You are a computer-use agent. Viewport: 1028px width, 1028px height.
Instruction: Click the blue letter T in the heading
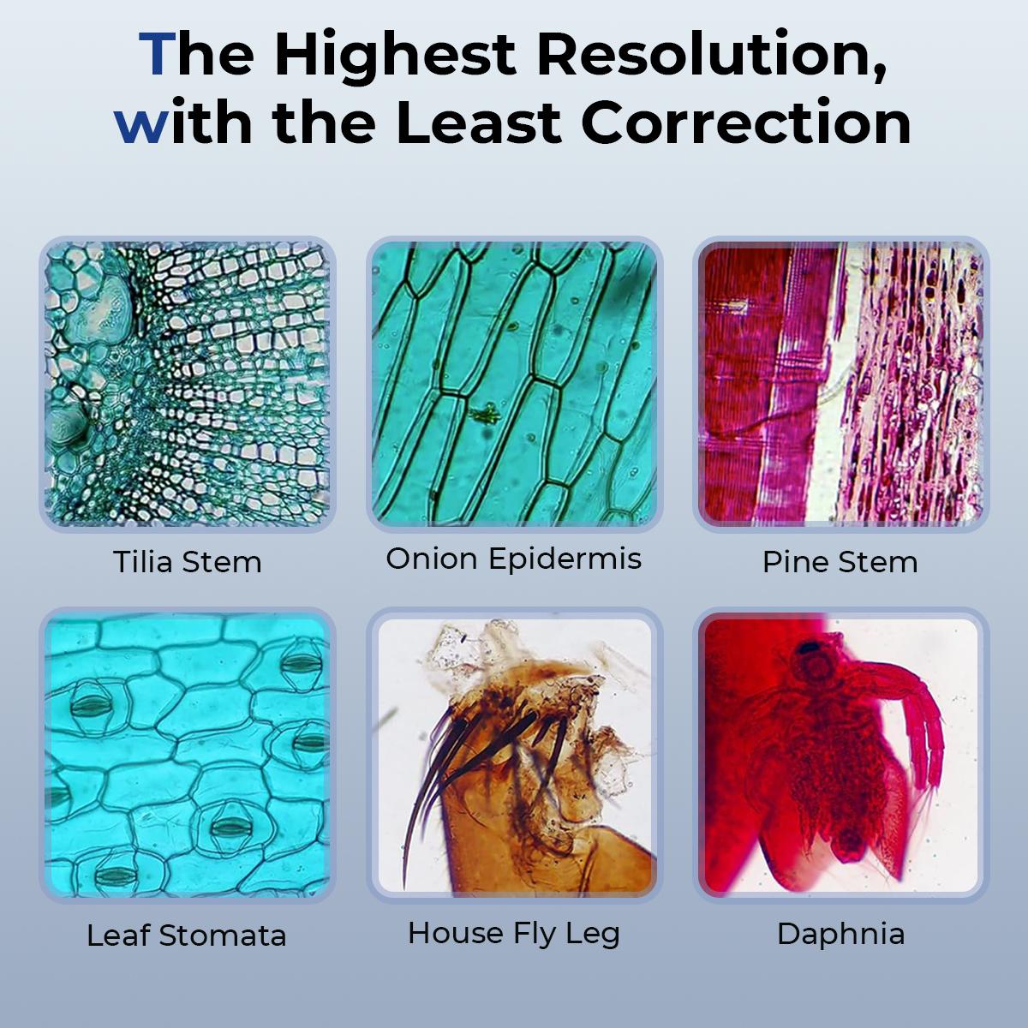(x=158, y=54)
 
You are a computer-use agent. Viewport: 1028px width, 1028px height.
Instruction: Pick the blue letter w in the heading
(x=140, y=128)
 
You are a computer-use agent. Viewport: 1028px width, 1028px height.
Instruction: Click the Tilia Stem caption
(x=188, y=562)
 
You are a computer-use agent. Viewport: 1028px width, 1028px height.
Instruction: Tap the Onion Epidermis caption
(x=514, y=560)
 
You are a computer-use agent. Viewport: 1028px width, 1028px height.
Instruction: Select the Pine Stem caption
(x=840, y=562)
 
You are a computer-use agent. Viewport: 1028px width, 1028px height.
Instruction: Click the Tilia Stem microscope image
(x=188, y=384)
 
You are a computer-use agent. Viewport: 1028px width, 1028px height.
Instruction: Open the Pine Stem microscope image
(x=840, y=384)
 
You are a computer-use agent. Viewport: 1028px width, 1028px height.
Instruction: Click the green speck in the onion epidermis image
(x=485, y=414)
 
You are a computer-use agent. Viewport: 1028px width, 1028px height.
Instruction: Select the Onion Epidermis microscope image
(x=514, y=384)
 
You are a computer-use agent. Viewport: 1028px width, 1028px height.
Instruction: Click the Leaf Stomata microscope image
(x=188, y=755)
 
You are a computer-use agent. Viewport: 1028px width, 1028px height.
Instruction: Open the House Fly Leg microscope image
(x=514, y=755)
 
